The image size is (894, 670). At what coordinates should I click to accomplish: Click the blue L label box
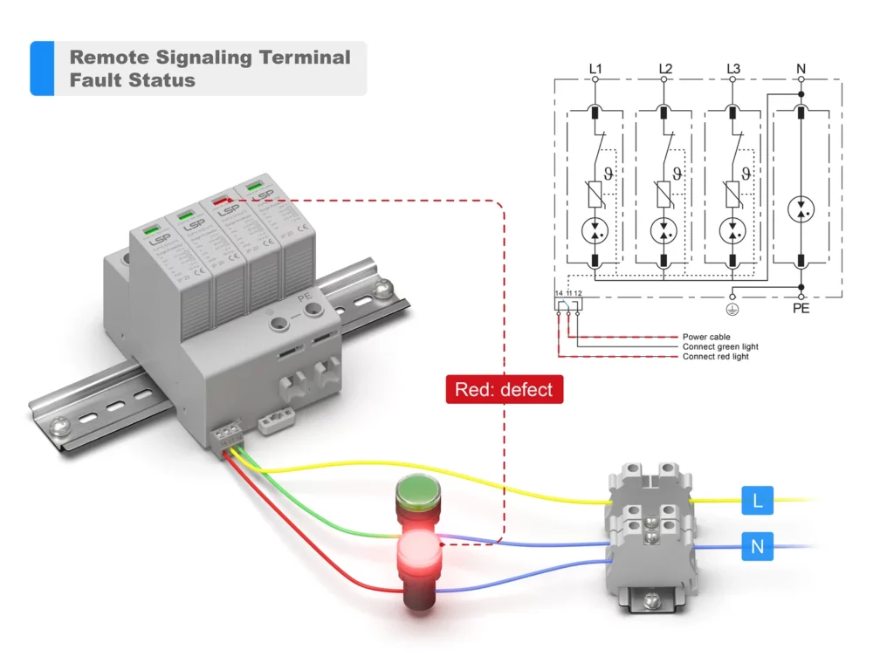[x=757, y=501]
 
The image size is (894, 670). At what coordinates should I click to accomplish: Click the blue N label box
[x=757, y=547]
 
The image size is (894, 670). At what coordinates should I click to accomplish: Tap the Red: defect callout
[x=505, y=389]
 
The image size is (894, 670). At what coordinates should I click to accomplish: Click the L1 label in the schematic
[x=595, y=68]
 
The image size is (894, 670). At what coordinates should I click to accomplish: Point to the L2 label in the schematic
[x=664, y=68]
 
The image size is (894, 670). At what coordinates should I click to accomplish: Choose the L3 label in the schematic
[x=732, y=68]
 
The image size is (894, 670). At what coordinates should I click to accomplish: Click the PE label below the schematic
[x=801, y=309]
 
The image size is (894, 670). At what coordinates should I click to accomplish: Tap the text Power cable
[x=706, y=337]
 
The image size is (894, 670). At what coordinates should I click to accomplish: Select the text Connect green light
[x=720, y=346]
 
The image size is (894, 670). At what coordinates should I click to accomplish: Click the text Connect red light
[x=716, y=357]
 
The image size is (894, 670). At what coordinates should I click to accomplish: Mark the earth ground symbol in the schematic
[x=732, y=307]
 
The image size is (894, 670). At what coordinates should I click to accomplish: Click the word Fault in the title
[x=96, y=80]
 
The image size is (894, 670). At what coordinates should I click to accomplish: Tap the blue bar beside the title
[x=42, y=68]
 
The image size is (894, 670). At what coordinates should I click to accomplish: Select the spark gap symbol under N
[x=801, y=210]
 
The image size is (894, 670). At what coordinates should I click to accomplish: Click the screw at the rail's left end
[x=60, y=427]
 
